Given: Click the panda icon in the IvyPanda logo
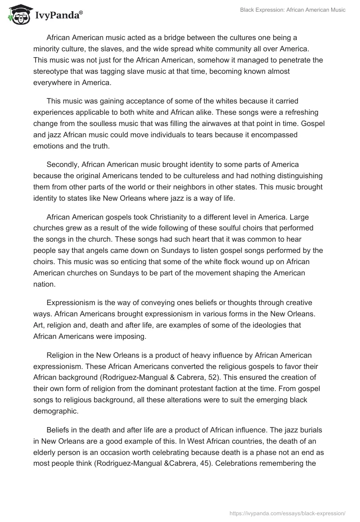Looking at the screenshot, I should [x=17, y=15].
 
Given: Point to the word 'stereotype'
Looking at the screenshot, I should [x=51, y=71].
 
